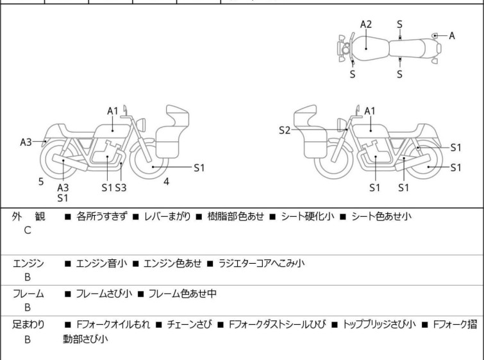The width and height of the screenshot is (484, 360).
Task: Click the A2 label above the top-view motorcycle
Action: coord(365,24)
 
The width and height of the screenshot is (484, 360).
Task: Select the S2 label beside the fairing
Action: coord(285,131)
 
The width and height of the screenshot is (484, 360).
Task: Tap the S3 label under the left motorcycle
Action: coord(121,187)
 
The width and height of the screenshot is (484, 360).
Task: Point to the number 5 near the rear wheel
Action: coord(41,182)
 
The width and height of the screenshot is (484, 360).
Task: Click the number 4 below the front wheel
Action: coord(166,182)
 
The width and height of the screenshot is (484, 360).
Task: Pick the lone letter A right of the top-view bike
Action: coord(452,36)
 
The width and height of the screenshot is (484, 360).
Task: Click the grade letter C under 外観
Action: coord(28,230)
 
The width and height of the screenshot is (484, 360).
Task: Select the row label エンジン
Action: coord(28,263)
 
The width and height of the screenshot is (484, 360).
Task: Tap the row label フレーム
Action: coord(28,294)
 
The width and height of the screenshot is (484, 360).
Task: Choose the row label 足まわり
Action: coord(28,325)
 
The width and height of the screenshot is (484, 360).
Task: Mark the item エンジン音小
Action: coord(101,263)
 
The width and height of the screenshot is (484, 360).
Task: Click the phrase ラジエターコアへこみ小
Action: coord(262,263)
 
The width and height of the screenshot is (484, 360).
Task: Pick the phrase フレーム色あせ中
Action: coord(182,294)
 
